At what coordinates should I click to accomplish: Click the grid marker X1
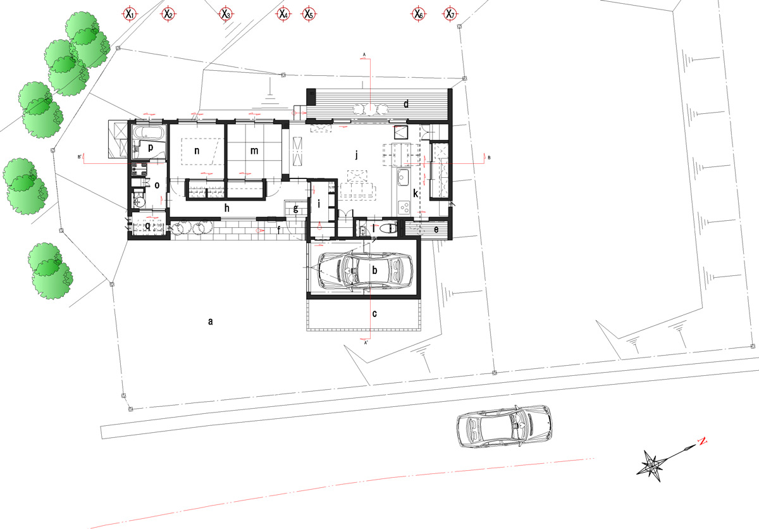coord(129,13)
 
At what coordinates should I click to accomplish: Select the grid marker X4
coord(283,13)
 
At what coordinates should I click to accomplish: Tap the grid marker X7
coord(450,13)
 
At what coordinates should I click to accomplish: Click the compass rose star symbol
coord(652,464)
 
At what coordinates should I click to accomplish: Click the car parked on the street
coord(503,426)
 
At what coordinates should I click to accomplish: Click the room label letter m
coord(254,151)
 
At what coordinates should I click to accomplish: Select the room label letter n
coord(197,151)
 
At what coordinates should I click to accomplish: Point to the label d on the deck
coord(407,103)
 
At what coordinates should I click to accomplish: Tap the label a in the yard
coord(210,321)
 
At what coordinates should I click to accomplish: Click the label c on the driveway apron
coord(374,313)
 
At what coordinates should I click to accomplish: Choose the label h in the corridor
coord(226,207)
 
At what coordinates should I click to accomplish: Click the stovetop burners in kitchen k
coord(404,206)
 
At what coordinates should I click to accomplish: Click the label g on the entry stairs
coord(295,209)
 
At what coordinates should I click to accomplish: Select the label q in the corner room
coord(148,225)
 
